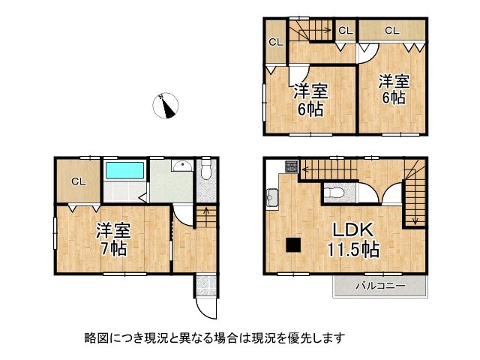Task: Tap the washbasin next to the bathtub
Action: point(181,167)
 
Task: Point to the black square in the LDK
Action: point(292,244)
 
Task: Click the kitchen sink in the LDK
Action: point(272,199)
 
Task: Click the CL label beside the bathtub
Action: point(78,181)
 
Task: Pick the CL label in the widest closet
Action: point(391,31)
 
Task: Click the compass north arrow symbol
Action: point(166,106)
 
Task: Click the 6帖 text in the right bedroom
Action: point(392,97)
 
